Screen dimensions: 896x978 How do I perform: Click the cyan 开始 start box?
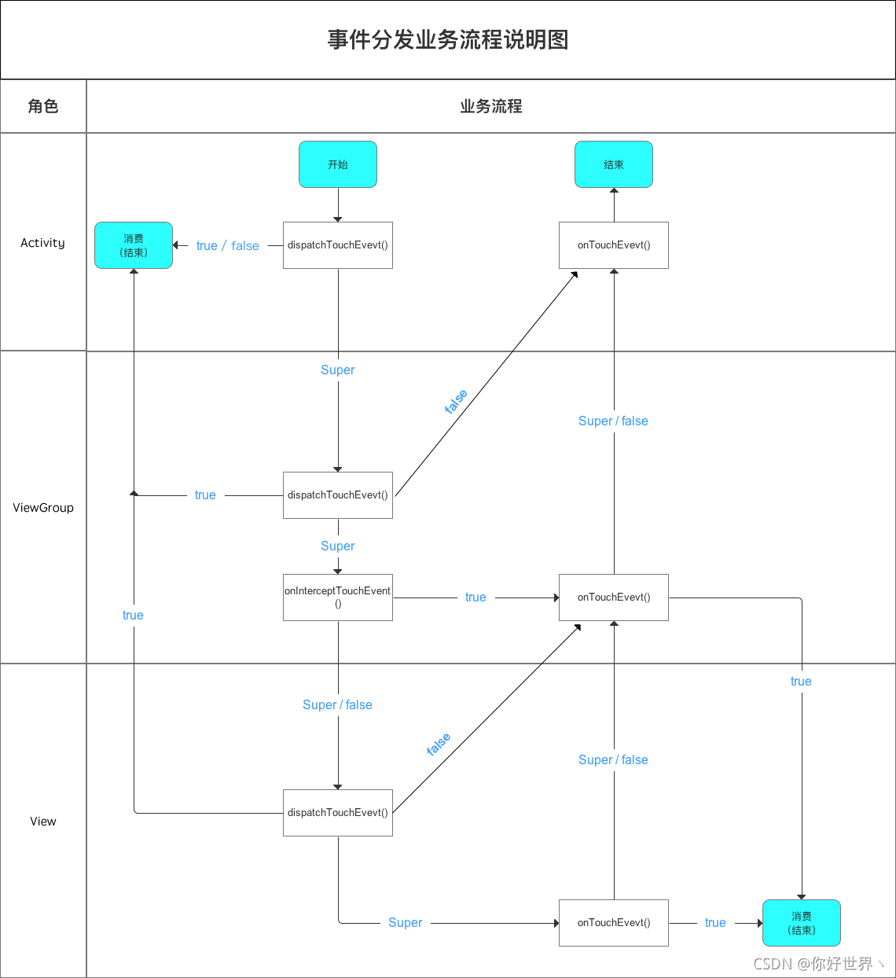coord(338,164)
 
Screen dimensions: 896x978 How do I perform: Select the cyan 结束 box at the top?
coord(614,164)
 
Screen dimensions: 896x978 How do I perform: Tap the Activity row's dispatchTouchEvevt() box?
coord(338,245)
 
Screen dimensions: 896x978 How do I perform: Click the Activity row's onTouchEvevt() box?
coord(614,245)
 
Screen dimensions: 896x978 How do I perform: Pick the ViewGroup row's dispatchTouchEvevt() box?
coord(338,495)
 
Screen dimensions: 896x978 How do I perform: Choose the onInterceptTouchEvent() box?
coord(338,597)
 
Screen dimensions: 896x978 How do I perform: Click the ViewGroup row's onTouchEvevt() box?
coord(614,597)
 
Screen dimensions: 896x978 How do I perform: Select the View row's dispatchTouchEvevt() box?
coord(338,813)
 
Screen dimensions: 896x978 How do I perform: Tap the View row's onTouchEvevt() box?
coord(614,923)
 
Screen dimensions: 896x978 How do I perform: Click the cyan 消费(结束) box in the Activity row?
coord(134,245)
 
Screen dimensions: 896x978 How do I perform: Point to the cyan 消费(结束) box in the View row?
coord(802,923)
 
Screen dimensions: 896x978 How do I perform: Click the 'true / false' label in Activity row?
coord(228,246)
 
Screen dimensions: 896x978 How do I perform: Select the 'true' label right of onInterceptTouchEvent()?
coord(476,597)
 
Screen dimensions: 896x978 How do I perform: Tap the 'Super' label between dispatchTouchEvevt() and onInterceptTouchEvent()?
coord(337,546)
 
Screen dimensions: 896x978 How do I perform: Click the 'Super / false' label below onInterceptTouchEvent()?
coord(337,705)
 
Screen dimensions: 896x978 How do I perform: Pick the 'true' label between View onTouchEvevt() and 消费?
coord(715,923)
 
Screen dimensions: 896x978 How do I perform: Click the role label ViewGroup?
coord(43,508)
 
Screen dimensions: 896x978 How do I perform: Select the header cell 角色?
coord(43,106)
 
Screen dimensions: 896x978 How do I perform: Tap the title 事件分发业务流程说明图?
coord(448,39)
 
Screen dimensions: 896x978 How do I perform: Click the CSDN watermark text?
coord(818,964)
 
